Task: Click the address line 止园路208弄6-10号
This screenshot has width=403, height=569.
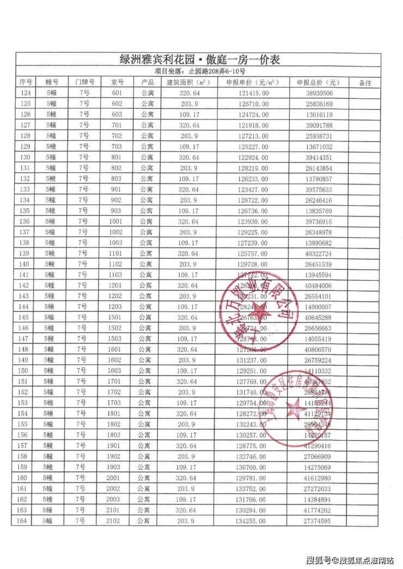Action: [x=200, y=71]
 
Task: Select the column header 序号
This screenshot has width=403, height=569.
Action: [x=26, y=83]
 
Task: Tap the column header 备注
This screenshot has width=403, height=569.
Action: [x=365, y=83]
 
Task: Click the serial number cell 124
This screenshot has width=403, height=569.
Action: [x=26, y=94]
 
